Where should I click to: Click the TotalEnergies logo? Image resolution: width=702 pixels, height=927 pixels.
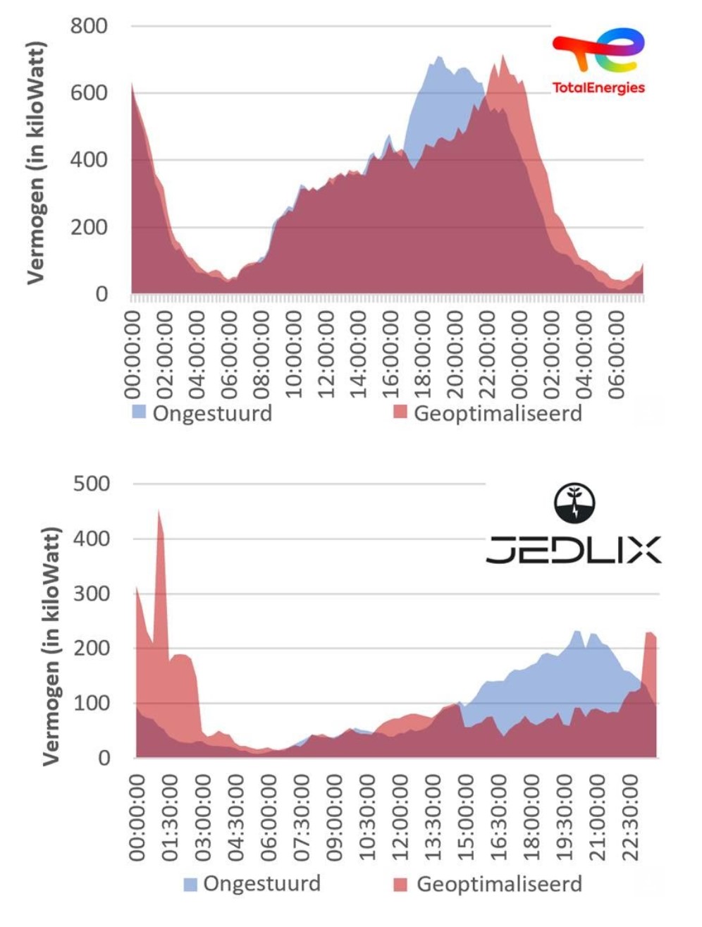(598, 62)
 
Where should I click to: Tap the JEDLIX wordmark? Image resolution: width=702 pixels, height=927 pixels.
(573, 550)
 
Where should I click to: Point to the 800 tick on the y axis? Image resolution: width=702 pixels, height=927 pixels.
(89, 26)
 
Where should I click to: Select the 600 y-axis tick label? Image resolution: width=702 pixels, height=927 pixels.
(89, 93)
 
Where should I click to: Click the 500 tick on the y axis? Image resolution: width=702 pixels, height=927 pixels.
(92, 484)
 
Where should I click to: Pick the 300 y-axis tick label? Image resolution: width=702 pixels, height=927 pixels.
(92, 594)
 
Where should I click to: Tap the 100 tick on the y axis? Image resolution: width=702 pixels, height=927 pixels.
(92, 703)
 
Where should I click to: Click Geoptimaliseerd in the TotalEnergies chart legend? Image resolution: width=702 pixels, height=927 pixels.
(498, 413)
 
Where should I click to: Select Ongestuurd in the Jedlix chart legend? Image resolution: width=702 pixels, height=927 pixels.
(261, 884)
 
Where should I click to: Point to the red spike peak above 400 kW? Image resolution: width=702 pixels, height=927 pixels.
(159, 511)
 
